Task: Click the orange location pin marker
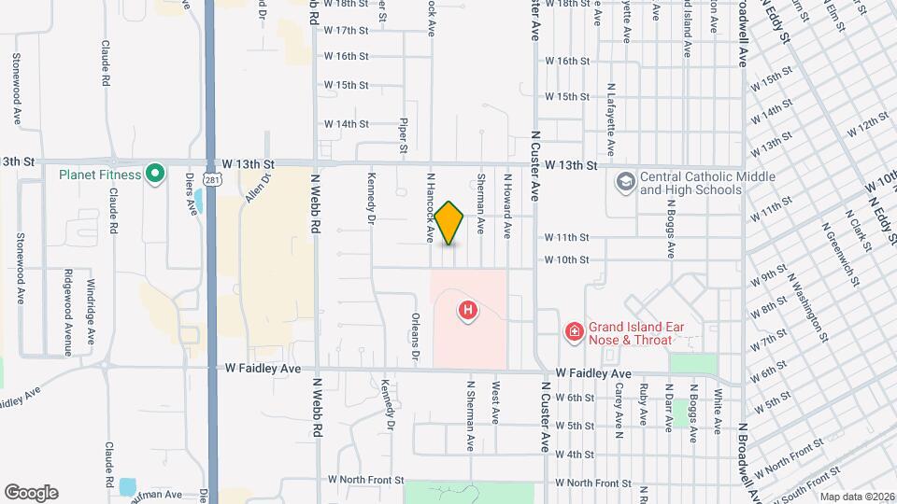(449, 223)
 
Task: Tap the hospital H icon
(469, 309)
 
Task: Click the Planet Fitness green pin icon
(156, 174)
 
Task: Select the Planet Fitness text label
(100, 175)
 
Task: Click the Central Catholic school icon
(625, 182)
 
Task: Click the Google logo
(31, 492)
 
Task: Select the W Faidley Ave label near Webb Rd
(263, 369)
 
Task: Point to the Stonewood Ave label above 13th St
(17, 89)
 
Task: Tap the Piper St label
(404, 134)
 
